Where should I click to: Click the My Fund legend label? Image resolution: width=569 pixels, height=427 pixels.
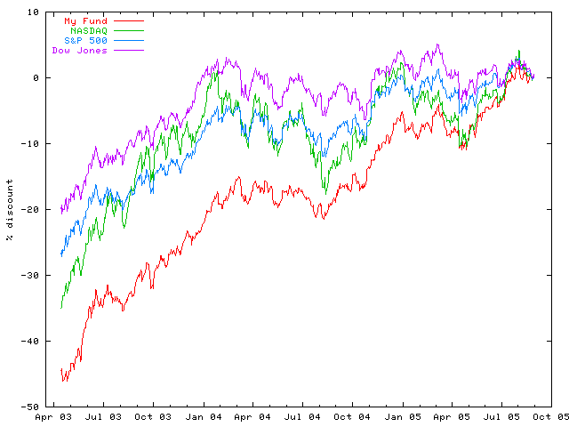point(85,20)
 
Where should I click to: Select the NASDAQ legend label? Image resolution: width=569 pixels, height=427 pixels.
point(88,30)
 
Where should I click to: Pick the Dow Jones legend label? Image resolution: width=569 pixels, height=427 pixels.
point(79,51)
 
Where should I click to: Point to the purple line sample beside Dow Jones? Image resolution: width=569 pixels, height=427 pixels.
point(128,51)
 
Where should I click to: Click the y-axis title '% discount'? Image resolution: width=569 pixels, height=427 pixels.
point(10,209)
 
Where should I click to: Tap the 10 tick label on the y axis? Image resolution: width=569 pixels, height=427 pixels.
point(33,12)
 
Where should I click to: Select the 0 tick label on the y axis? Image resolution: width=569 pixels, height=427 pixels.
point(36,78)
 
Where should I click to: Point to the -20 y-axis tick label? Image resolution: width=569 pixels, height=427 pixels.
point(30,210)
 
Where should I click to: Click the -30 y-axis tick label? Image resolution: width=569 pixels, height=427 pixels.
point(30,276)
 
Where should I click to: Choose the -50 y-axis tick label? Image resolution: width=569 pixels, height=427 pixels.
point(30,407)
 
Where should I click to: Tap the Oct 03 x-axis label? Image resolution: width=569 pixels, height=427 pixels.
point(153,415)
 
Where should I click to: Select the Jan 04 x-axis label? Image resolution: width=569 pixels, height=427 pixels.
point(204,415)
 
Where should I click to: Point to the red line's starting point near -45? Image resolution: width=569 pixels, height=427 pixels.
point(61,370)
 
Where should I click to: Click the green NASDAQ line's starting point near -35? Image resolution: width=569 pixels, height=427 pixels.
point(61,308)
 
